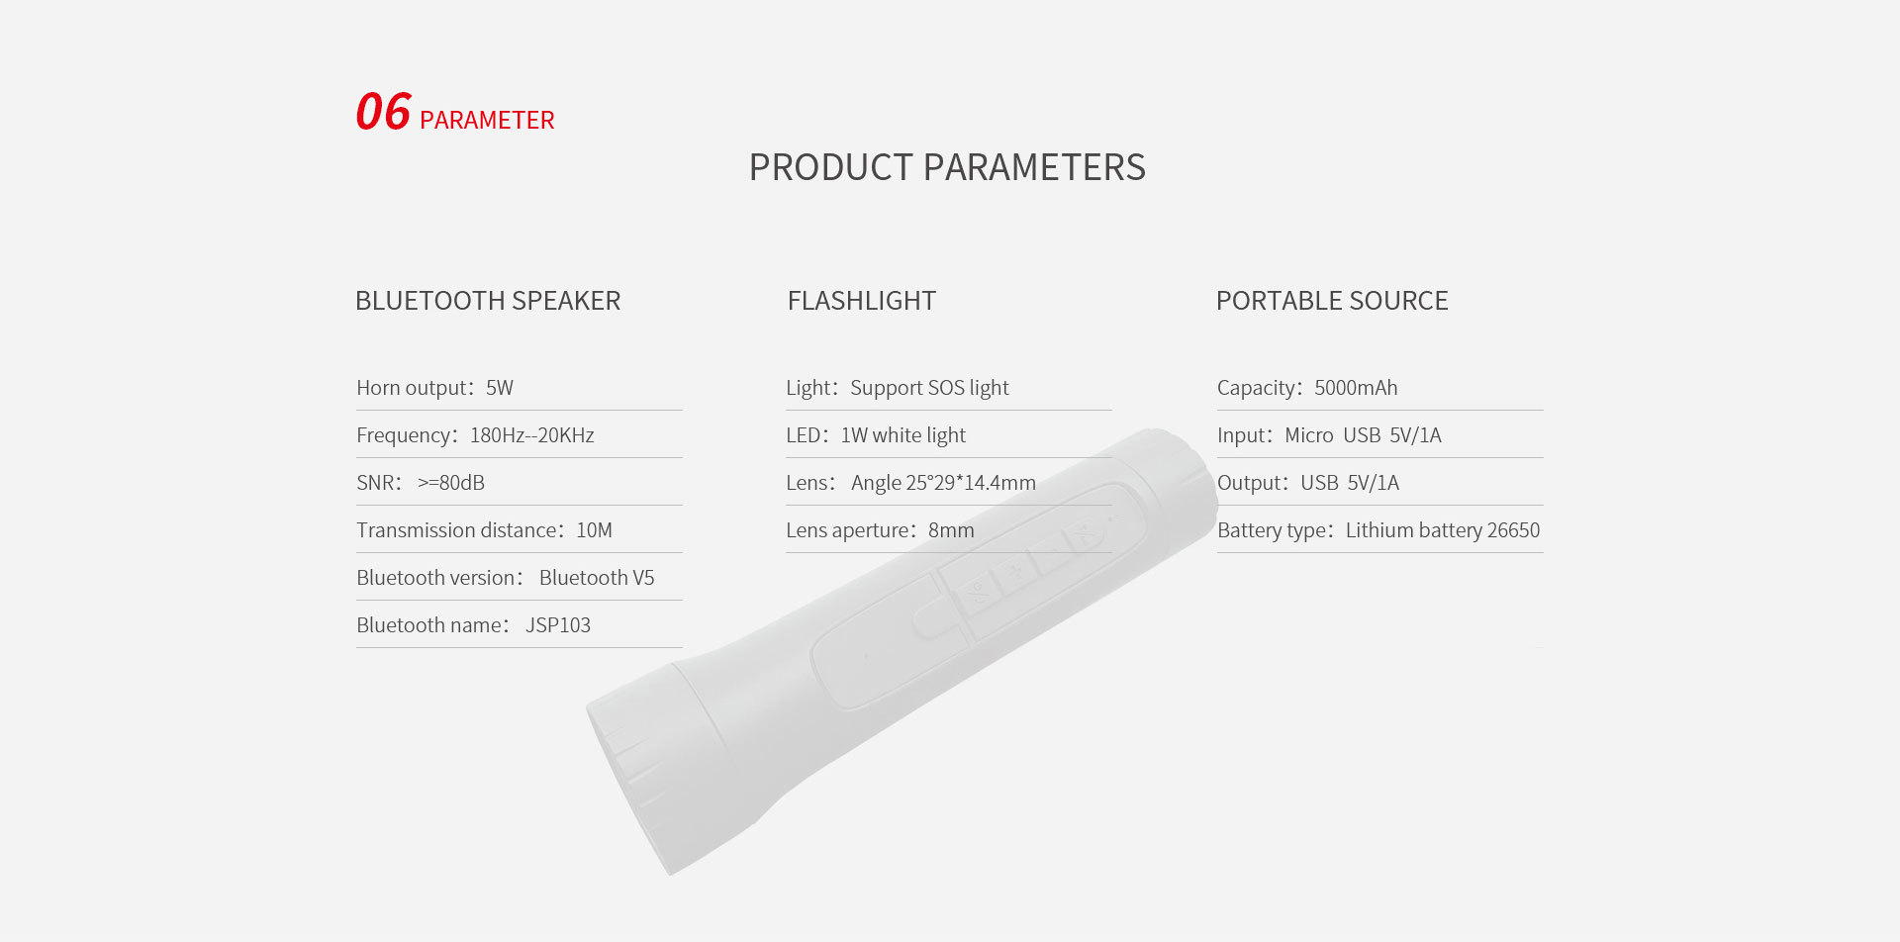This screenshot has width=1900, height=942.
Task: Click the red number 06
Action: [x=383, y=111]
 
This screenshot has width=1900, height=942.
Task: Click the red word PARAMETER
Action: [x=487, y=120]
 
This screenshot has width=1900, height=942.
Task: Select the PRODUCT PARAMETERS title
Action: [x=947, y=167]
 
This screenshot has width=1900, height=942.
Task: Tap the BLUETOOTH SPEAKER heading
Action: [x=488, y=301]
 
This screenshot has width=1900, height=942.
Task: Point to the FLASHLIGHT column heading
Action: [x=862, y=301]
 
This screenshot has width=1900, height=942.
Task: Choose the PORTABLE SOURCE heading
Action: [x=1332, y=301]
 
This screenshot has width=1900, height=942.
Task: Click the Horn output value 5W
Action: [x=500, y=388]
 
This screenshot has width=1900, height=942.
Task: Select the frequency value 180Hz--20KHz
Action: [x=532, y=435]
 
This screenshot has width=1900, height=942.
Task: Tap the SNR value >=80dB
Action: [x=451, y=483]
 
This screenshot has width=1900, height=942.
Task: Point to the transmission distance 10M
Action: [x=595, y=530]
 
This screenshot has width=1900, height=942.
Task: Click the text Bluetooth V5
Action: [x=597, y=578]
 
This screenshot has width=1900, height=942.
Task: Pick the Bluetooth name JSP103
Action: [x=558, y=625]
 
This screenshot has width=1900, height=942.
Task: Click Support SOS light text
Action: [x=930, y=388]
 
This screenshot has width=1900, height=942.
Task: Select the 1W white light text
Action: [x=903, y=435]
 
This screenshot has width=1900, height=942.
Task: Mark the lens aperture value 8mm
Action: [x=951, y=530]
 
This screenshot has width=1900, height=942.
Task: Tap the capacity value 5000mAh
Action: [x=1356, y=388]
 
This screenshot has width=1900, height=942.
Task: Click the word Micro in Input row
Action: [x=1309, y=435]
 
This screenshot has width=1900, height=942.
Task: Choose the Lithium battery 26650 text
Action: [x=1443, y=530]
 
